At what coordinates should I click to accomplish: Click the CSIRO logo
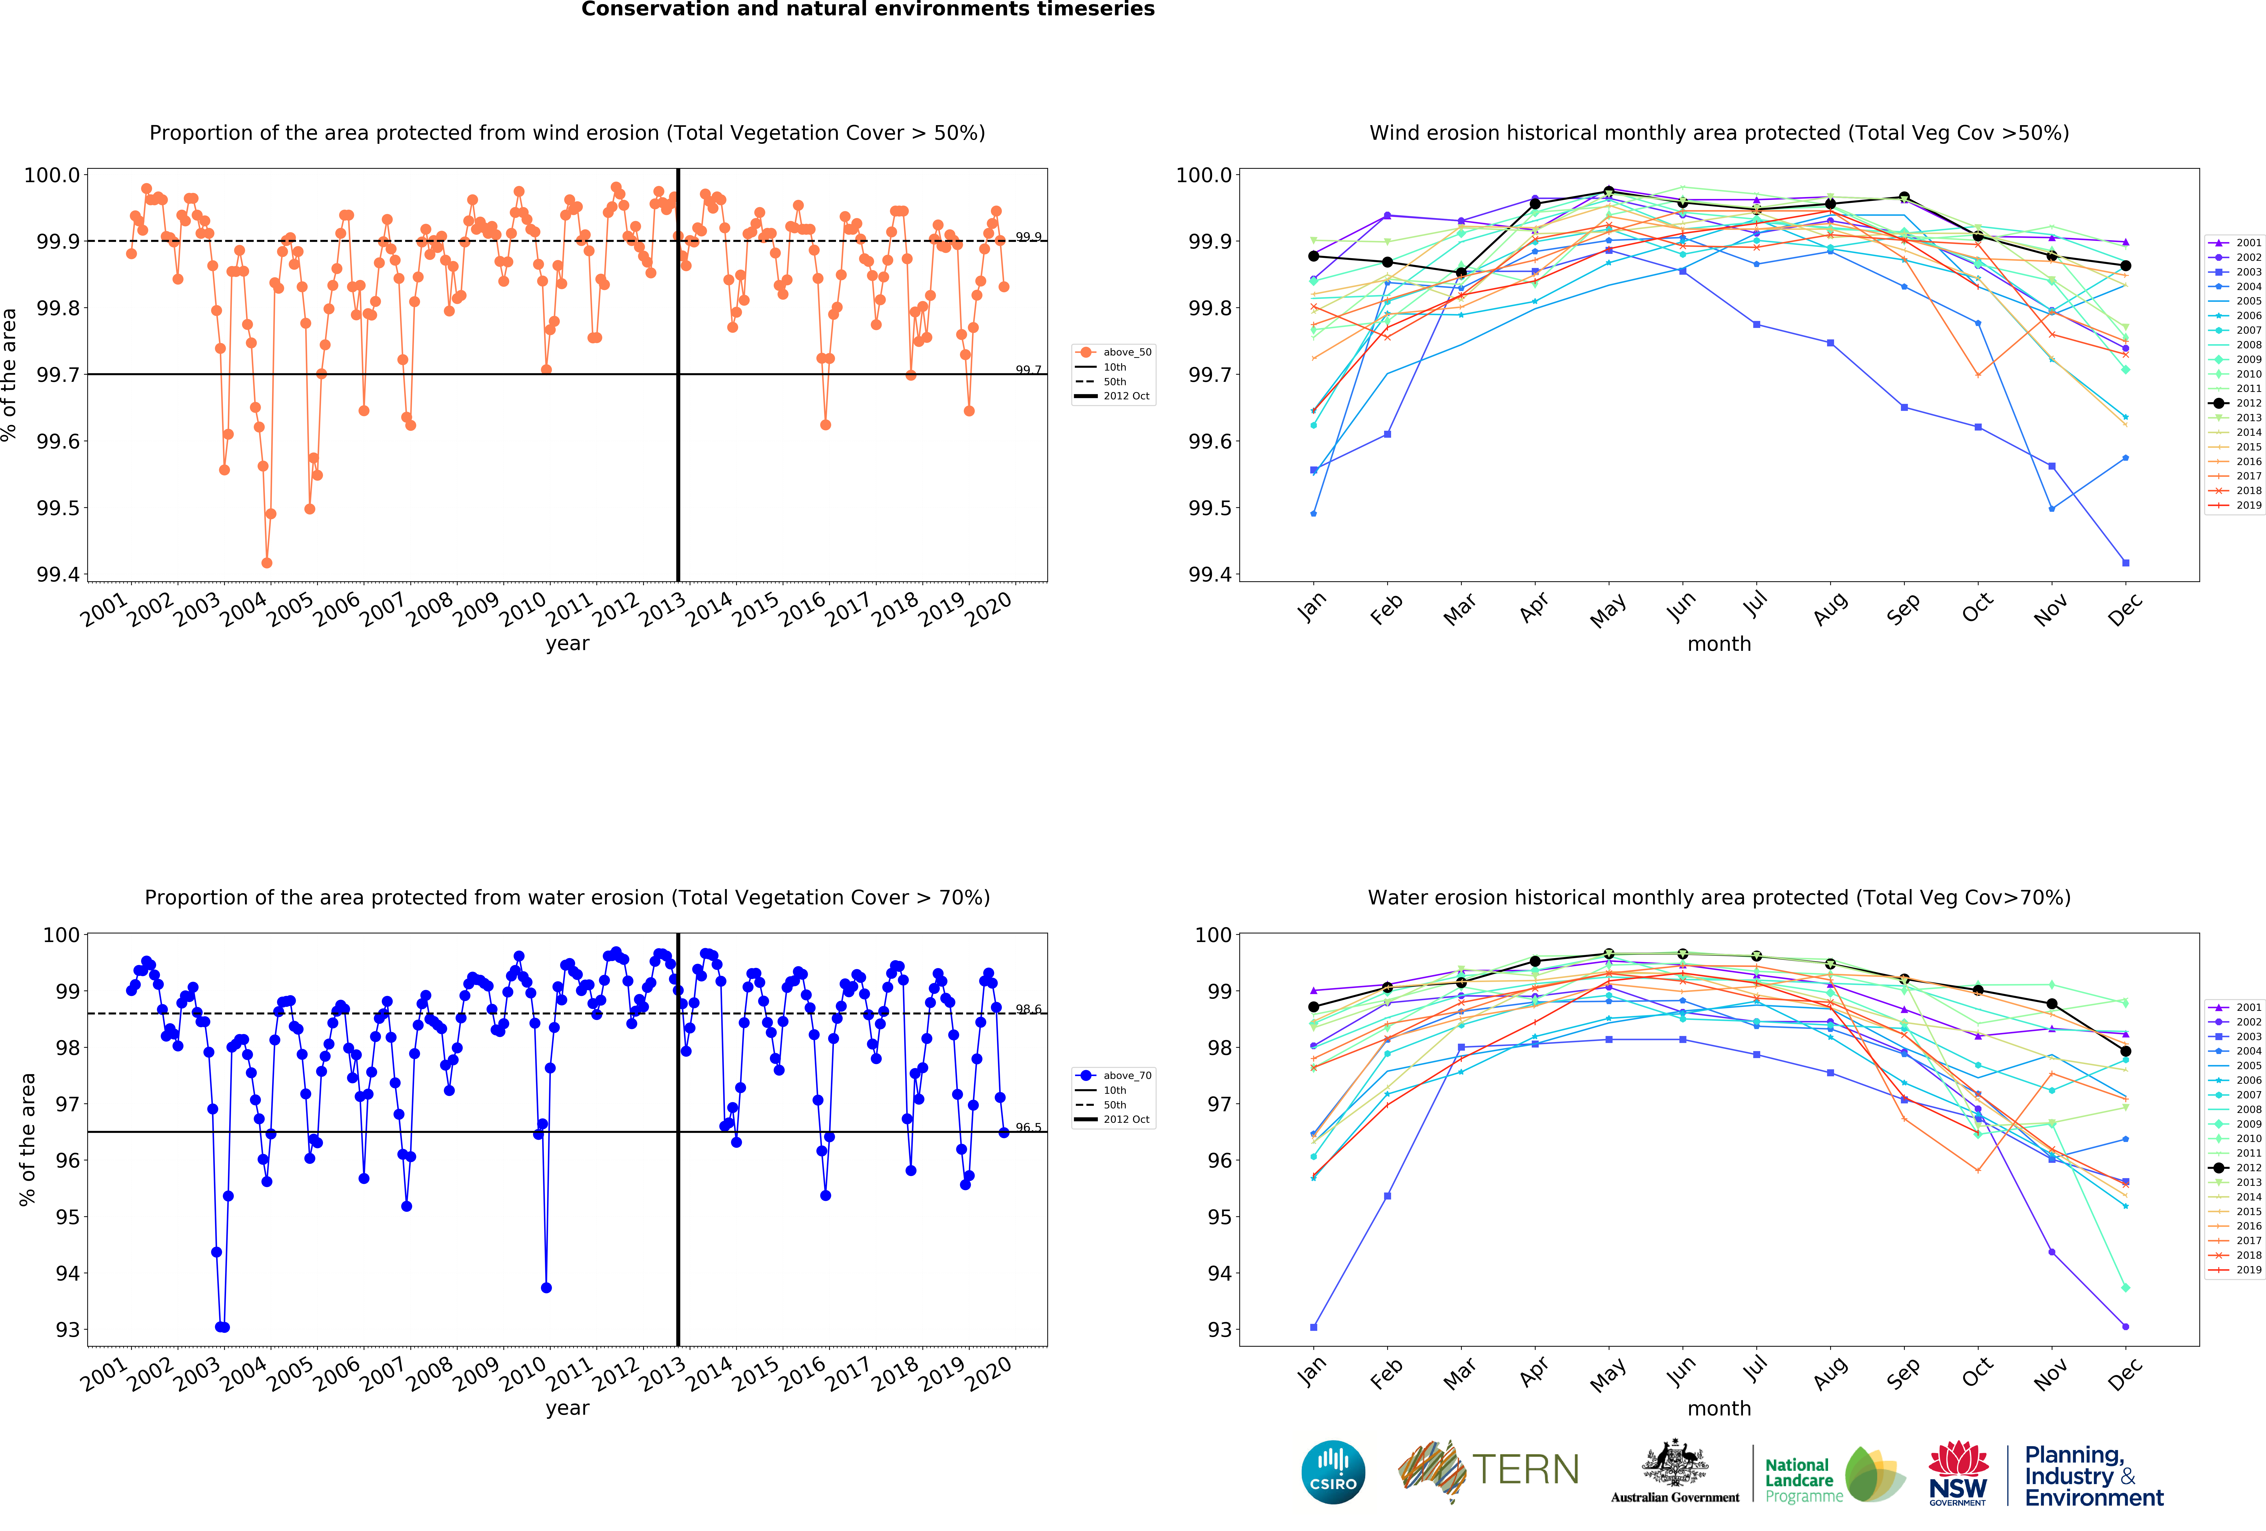(1333, 1472)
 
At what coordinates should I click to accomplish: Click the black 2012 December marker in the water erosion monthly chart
(2126, 1051)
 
